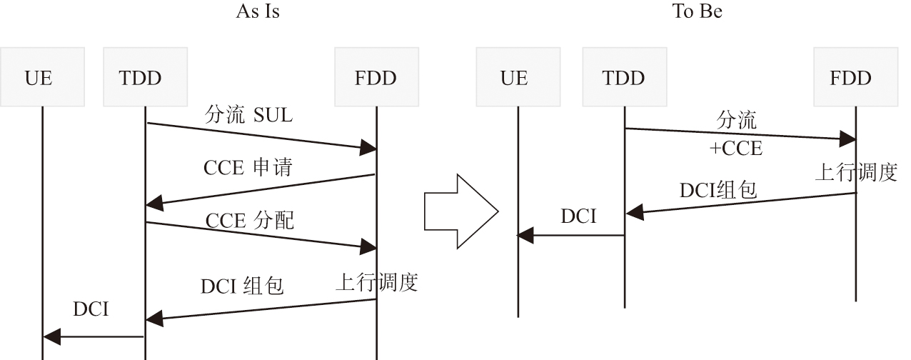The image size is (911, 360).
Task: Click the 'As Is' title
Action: click(x=258, y=12)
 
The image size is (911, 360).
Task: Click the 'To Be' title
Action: click(x=697, y=12)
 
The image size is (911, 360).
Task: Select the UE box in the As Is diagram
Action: click(x=40, y=77)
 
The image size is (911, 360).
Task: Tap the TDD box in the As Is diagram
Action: click(x=141, y=77)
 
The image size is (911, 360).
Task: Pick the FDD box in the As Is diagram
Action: click(x=376, y=77)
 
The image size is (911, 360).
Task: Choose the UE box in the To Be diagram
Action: click(x=514, y=77)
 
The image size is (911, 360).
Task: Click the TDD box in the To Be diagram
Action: click(x=624, y=77)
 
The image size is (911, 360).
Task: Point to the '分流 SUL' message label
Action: click(x=248, y=115)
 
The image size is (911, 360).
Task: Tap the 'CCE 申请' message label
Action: click(x=248, y=169)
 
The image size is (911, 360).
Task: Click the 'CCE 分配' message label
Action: click(x=250, y=221)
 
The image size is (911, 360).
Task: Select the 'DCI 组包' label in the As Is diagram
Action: click(x=242, y=286)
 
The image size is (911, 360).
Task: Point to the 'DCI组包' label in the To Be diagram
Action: click(x=718, y=190)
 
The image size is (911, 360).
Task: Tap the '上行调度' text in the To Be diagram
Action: click(x=856, y=173)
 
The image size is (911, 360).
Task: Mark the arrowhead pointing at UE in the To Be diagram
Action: click(x=525, y=234)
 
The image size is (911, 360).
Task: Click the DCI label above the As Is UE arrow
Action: click(x=91, y=310)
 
